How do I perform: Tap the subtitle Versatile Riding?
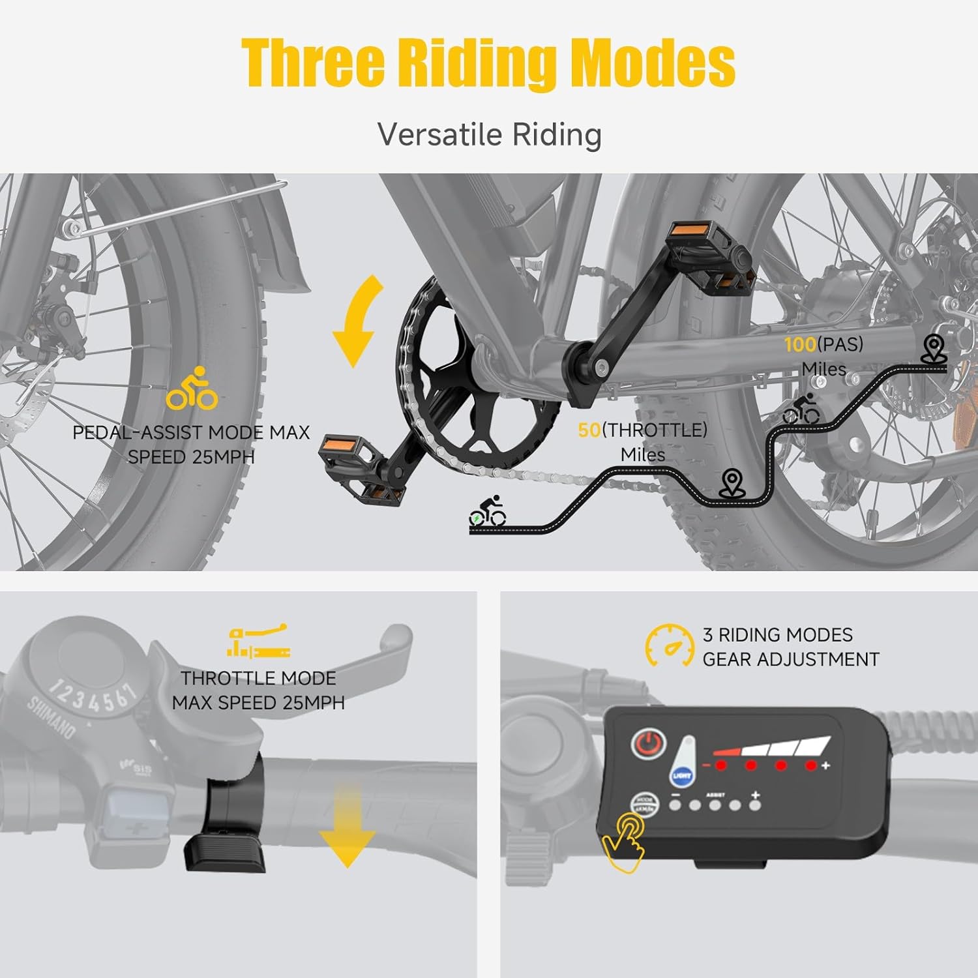(489, 134)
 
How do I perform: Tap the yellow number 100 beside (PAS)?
(800, 344)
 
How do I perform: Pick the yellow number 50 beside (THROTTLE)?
(589, 430)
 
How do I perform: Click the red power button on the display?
(648, 744)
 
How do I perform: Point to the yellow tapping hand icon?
(625, 841)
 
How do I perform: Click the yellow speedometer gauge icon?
(670, 645)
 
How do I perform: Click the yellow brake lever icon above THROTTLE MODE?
(258, 642)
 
